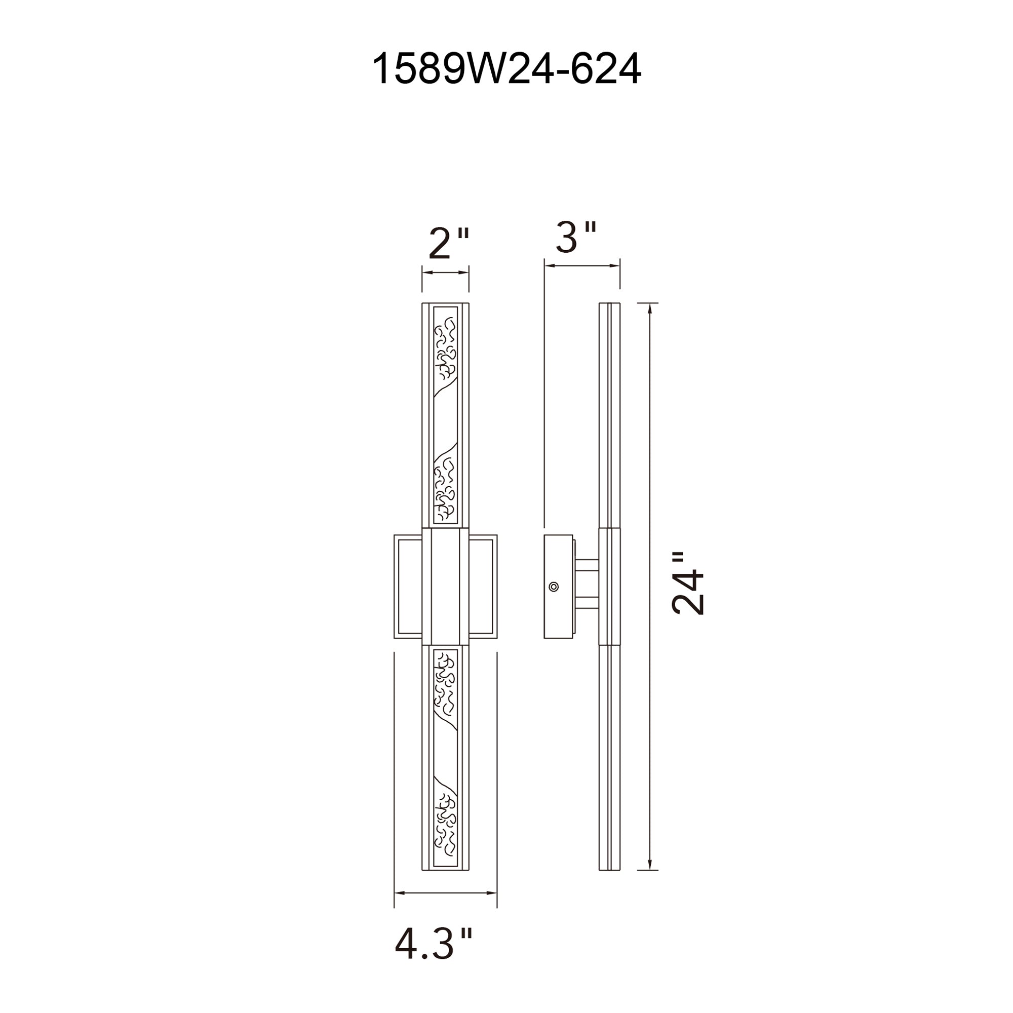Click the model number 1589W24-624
pos(506,69)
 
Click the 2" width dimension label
pos(448,244)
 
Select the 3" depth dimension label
pos(576,238)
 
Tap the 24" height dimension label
pos(688,583)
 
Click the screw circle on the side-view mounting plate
pos(553,587)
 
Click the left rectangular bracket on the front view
pos(408,586)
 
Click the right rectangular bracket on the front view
pos(483,586)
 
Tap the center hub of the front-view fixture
pos(445,586)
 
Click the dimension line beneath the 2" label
pos(445,272)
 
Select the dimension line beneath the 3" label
pos(582,266)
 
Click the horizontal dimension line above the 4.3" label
pos(445,892)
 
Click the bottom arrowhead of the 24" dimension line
pos(650,865)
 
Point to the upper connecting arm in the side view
pos(587,565)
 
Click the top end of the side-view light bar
pos(609,305)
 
